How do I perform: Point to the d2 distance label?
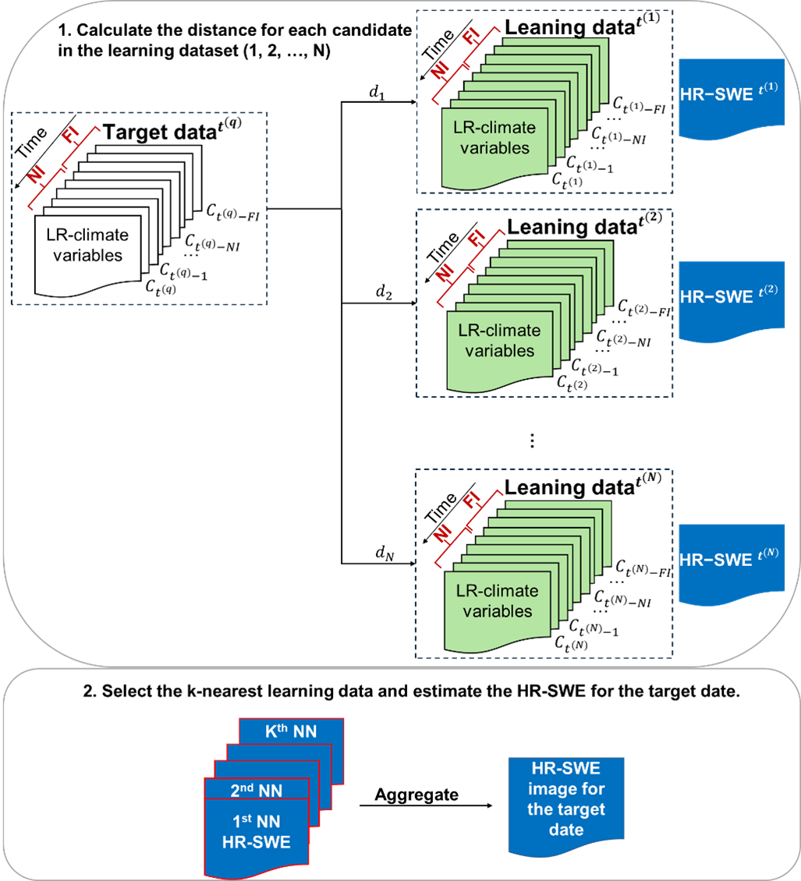coord(382,292)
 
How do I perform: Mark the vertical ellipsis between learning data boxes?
coord(531,440)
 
